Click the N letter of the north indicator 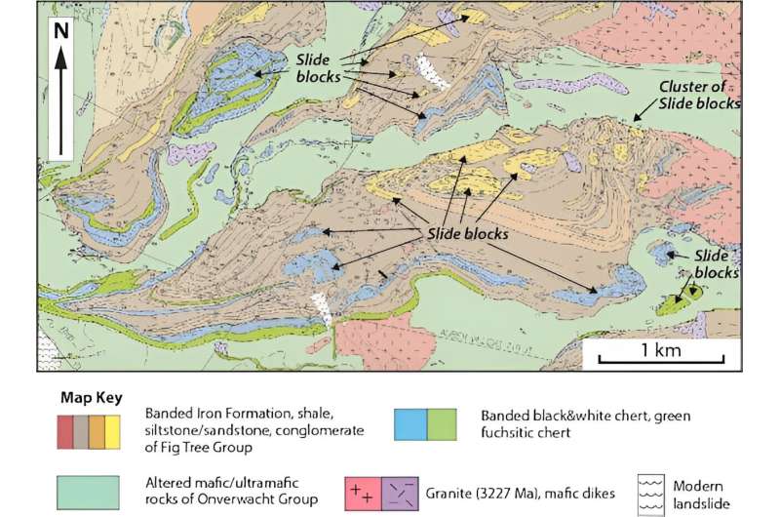(x=61, y=28)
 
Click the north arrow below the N (x=61, y=101)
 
